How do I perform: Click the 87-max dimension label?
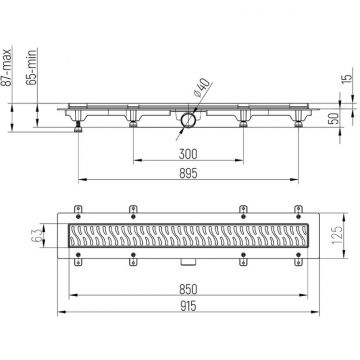6,67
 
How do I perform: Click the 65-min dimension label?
31,67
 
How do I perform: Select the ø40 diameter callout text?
202,88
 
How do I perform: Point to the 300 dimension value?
188,154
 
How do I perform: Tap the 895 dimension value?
188,173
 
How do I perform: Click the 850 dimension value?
188,289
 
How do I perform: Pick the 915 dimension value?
188,306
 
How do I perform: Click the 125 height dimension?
337,235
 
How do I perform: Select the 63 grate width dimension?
39,235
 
